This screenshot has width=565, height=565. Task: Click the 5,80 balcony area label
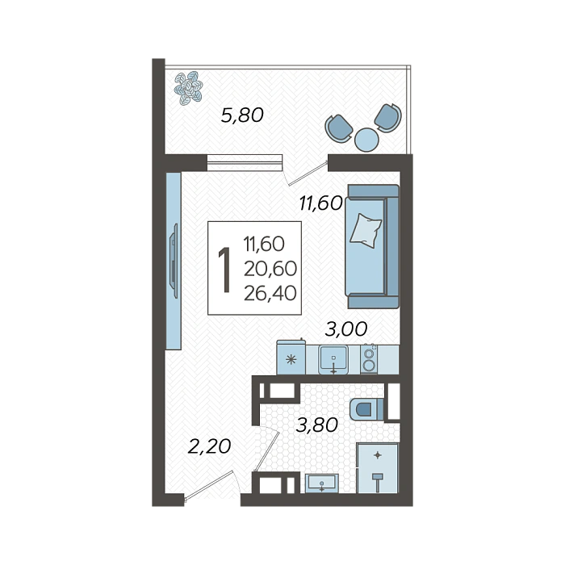(x=242, y=115)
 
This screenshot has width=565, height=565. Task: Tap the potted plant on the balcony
(x=188, y=88)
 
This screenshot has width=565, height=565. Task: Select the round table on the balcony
(x=366, y=140)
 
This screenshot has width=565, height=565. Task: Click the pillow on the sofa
(x=366, y=231)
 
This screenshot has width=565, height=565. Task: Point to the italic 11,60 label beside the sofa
(x=320, y=203)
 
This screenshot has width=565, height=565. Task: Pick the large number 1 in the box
(x=225, y=270)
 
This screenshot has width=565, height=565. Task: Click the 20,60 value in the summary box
(x=270, y=269)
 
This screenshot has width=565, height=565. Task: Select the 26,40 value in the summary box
(x=270, y=293)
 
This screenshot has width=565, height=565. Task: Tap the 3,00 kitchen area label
(x=346, y=329)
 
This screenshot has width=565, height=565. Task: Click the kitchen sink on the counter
(x=333, y=360)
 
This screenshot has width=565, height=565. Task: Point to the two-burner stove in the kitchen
(x=369, y=359)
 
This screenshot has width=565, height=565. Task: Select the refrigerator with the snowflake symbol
(x=291, y=358)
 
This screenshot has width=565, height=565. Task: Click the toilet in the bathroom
(x=366, y=409)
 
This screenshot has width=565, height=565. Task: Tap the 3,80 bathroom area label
(x=316, y=425)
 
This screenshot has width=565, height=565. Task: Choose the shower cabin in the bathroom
(x=377, y=467)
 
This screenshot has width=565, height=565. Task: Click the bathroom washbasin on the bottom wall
(x=322, y=483)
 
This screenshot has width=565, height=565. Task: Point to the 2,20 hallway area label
(x=209, y=447)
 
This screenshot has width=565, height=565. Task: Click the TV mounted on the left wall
(x=174, y=261)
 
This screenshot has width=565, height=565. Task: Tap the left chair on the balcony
(x=339, y=128)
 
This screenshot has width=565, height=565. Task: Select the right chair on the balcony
(x=388, y=118)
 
